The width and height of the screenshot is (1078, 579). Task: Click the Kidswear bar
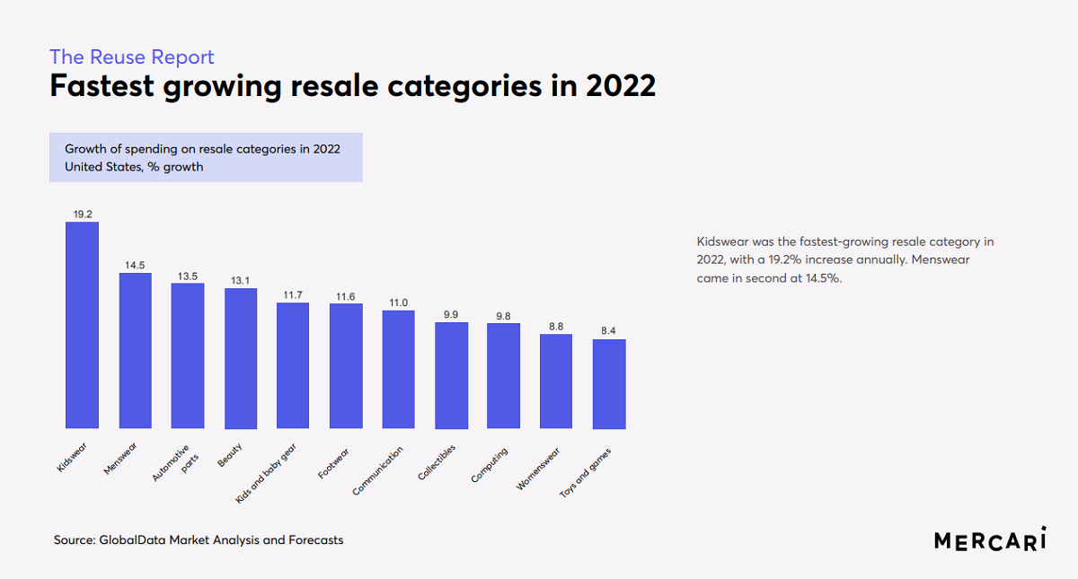[82, 325]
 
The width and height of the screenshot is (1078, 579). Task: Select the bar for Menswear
[136, 350]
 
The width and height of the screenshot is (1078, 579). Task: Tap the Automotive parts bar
[188, 355]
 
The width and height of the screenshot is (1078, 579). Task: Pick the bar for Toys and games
[609, 383]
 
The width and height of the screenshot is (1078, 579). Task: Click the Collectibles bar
[451, 375]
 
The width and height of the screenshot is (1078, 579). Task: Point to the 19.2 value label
[83, 215]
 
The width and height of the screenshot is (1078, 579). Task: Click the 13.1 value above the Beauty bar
[241, 280]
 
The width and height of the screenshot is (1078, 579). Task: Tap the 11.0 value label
[398, 303]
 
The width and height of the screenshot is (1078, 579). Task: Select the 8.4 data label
[609, 331]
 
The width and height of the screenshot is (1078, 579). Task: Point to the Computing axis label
[490, 465]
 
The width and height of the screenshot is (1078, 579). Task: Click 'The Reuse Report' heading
[132, 57]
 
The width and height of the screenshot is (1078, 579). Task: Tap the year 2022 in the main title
[621, 87]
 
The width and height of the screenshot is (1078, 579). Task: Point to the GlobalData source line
[199, 540]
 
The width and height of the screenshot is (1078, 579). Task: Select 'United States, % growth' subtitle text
[134, 166]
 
